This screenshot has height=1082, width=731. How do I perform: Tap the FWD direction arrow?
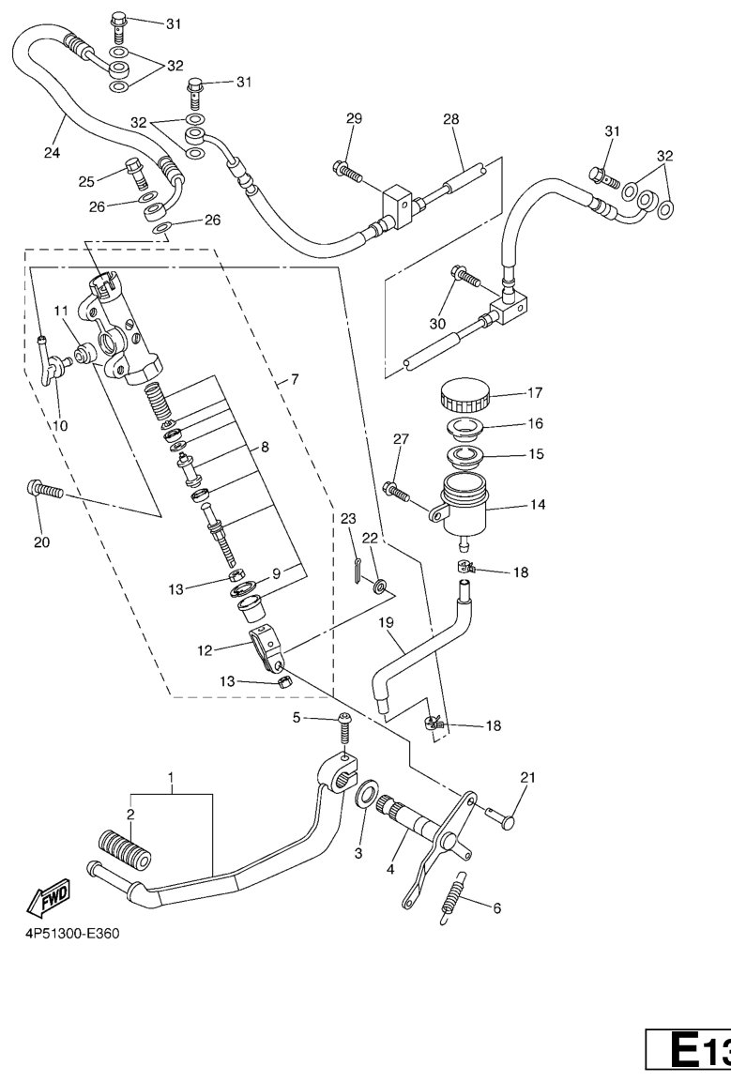click(39, 904)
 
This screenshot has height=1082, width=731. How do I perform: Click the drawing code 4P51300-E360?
click(69, 935)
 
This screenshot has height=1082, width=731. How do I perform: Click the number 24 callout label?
click(51, 153)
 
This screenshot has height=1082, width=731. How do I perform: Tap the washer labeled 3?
click(366, 792)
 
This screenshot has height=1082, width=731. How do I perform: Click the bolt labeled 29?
click(345, 172)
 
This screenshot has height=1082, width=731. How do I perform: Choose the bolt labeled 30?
click(465, 276)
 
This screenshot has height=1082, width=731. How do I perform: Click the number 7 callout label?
click(293, 380)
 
